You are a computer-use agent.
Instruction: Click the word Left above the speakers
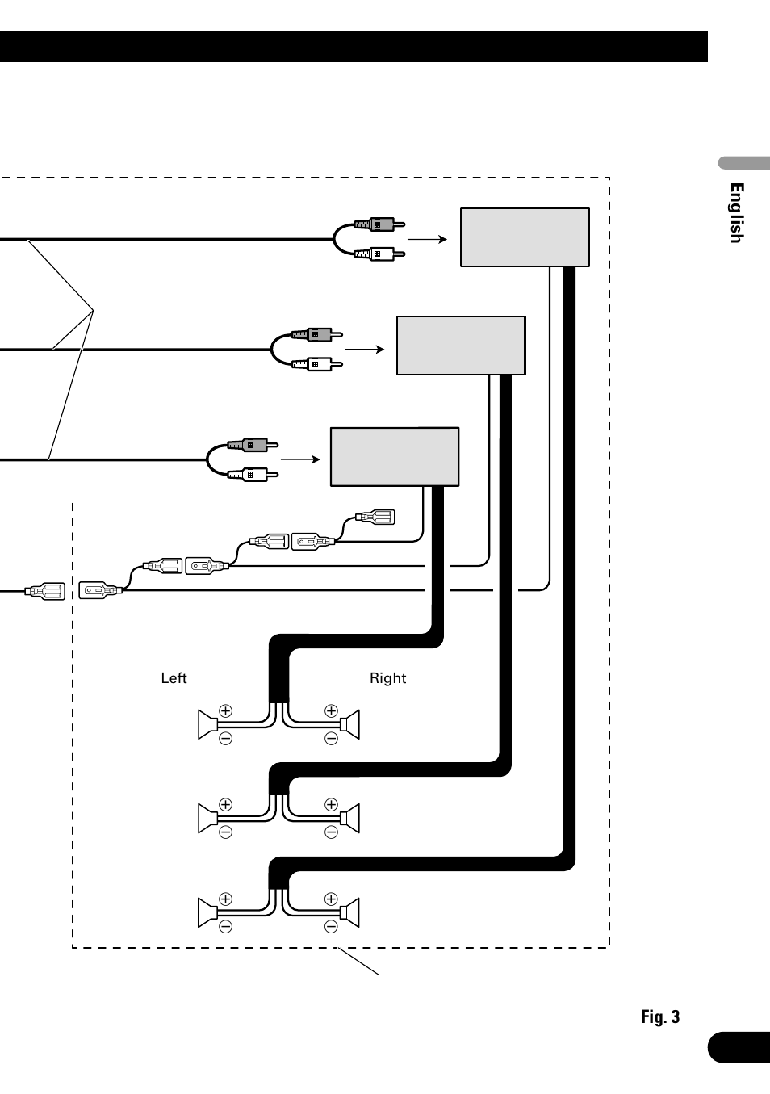(174, 678)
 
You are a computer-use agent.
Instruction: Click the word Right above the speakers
(387, 678)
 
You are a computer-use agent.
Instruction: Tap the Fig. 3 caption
(660, 1016)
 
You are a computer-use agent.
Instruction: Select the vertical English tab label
(736, 213)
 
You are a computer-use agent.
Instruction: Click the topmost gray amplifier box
(525, 237)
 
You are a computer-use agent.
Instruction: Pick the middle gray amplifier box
(461, 346)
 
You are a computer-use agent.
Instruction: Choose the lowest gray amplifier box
(395, 457)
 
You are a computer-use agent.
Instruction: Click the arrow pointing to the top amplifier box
(427, 239)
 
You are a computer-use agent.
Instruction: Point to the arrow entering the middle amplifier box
(365, 350)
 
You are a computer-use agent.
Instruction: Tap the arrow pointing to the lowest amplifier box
(300, 459)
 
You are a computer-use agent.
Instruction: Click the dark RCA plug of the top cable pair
(379, 224)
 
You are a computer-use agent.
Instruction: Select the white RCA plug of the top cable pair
(379, 254)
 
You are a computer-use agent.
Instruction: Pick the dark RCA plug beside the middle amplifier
(317, 334)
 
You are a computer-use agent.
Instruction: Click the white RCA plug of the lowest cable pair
(253, 474)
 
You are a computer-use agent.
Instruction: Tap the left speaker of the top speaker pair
(207, 725)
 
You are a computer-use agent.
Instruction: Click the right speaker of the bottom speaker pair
(350, 912)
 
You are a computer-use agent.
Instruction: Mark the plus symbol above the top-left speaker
(225, 710)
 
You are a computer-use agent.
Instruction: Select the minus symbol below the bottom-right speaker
(331, 927)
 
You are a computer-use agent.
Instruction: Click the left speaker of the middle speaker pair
(207, 818)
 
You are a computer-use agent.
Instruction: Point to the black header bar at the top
(354, 47)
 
